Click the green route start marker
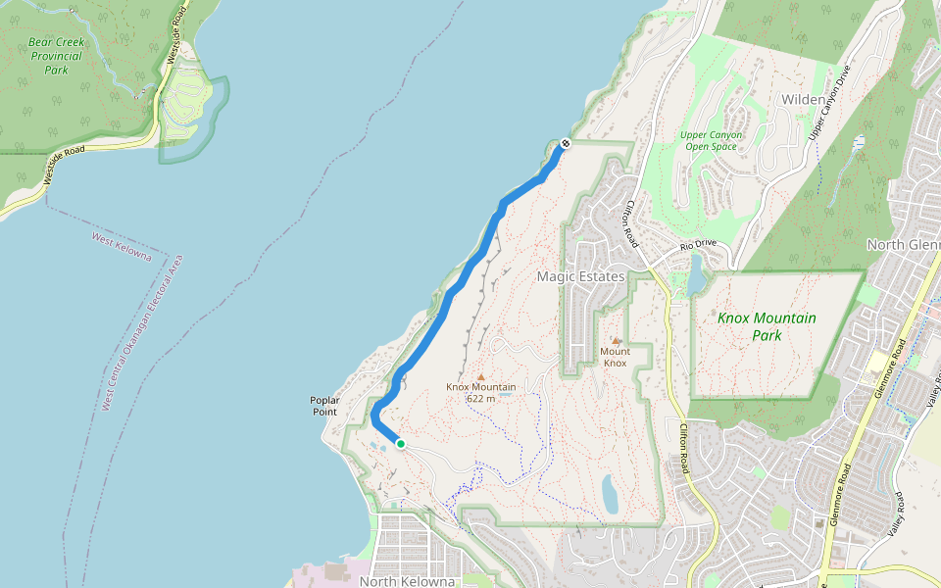(x=401, y=444)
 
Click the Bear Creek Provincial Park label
(x=55, y=56)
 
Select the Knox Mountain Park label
(x=767, y=326)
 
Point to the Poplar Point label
(x=323, y=406)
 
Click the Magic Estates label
(x=580, y=277)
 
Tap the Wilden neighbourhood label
(x=803, y=100)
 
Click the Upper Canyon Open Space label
(x=711, y=140)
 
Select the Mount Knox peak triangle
(x=616, y=341)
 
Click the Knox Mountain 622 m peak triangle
(x=480, y=375)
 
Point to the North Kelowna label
(x=408, y=581)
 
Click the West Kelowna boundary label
(x=122, y=247)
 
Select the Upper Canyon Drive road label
(x=828, y=103)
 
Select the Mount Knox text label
(x=615, y=357)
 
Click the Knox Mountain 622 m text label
(x=480, y=392)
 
